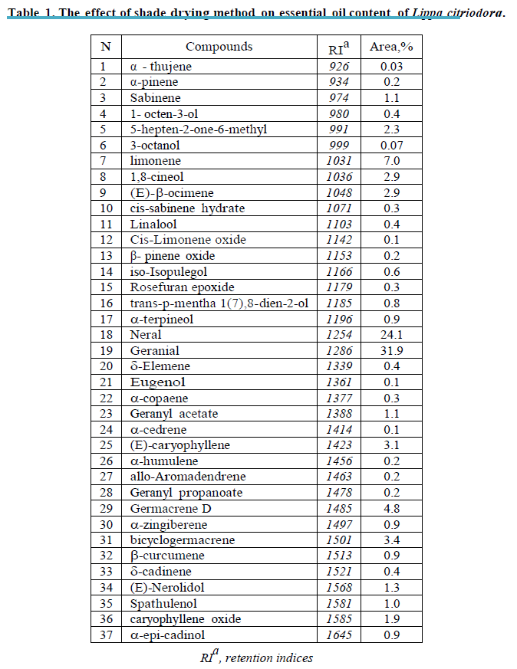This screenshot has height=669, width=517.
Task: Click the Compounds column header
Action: pyautogui.click(x=219, y=47)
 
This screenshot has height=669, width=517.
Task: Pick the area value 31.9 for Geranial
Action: pyautogui.click(x=391, y=350)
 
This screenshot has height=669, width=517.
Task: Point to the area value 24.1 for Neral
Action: pyautogui.click(x=391, y=335)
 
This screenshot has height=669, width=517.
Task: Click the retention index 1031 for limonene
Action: pyautogui.click(x=338, y=161)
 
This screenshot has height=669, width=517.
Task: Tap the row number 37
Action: pyautogui.click(x=106, y=635)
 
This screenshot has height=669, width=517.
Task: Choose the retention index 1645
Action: pyautogui.click(x=338, y=635)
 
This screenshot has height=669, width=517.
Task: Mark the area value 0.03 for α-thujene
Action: pyautogui.click(x=391, y=67)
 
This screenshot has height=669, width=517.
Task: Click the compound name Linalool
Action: pyautogui.click(x=153, y=225)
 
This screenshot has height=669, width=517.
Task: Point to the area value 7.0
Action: pyautogui.click(x=391, y=161)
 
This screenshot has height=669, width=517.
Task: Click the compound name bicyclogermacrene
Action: pyautogui.click(x=172, y=540)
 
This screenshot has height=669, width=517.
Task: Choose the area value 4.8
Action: pyautogui.click(x=391, y=508)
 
